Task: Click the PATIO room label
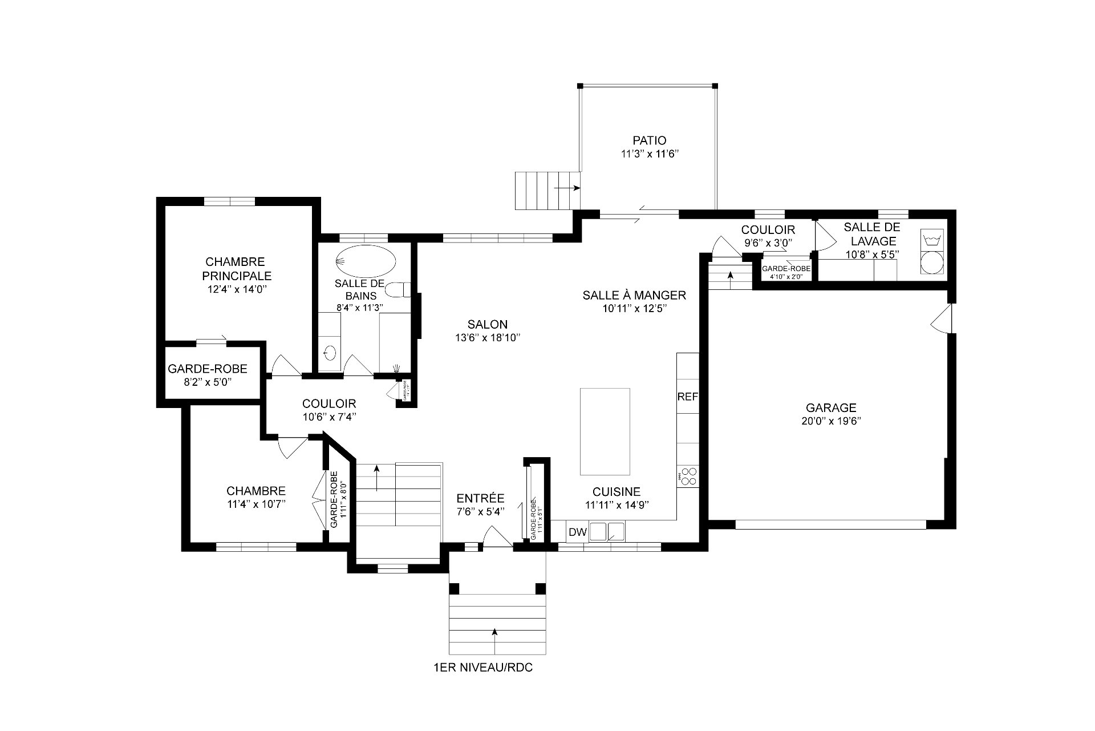tap(649, 140)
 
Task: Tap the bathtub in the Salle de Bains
tap(365, 262)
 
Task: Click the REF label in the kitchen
tap(687, 397)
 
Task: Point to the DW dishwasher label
tap(577, 532)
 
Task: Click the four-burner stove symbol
tap(688, 476)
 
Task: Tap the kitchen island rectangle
tap(605, 431)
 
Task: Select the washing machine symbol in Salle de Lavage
tap(932, 239)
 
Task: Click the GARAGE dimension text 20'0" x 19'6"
tap(831, 422)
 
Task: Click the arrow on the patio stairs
tap(567, 188)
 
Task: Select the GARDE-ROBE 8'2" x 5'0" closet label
tap(208, 369)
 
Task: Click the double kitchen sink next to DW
tap(606, 532)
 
